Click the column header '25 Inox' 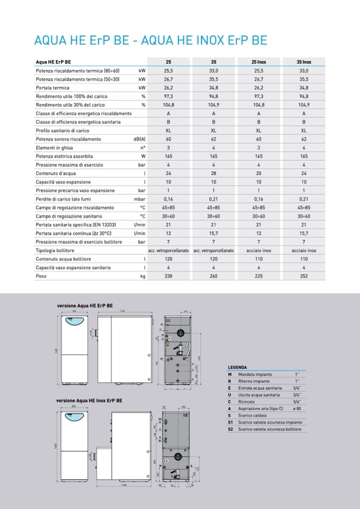pyautogui.click(x=259, y=62)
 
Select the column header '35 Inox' pyautogui.click(x=304, y=62)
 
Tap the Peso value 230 pyautogui.click(x=168, y=276)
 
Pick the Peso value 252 pyautogui.click(x=304, y=276)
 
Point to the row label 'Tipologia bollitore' pyautogui.click(x=55, y=251)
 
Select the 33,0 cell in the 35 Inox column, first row pyautogui.click(x=304, y=71)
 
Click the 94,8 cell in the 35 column pyautogui.click(x=213, y=97)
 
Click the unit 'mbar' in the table pyautogui.click(x=140, y=199)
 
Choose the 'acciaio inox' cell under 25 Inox pyautogui.click(x=259, y=251)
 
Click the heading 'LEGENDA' pyautogui.click(x=237, y=367)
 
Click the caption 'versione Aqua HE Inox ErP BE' pyautogui.click(x=89, y=401)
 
